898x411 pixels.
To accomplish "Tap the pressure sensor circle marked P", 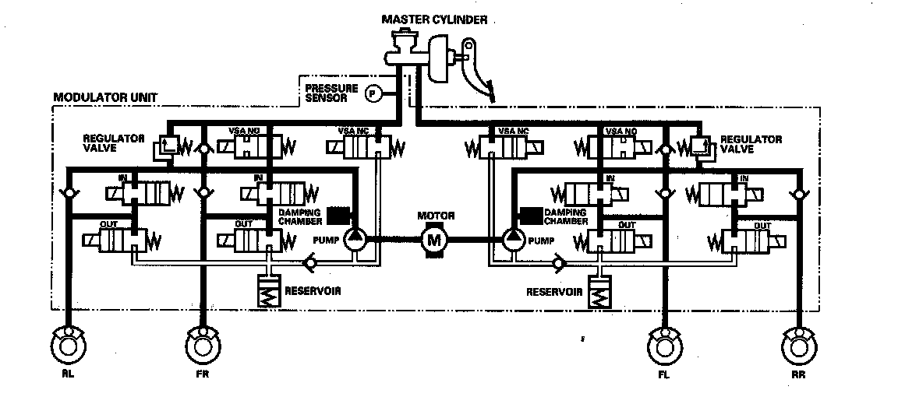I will point(373,94).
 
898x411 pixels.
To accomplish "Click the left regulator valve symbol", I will point(166,146).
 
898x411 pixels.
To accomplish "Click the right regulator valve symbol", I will point(702,146).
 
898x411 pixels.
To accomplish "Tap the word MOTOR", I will point(435,216).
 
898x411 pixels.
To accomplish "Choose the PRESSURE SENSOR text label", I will point(332,94).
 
